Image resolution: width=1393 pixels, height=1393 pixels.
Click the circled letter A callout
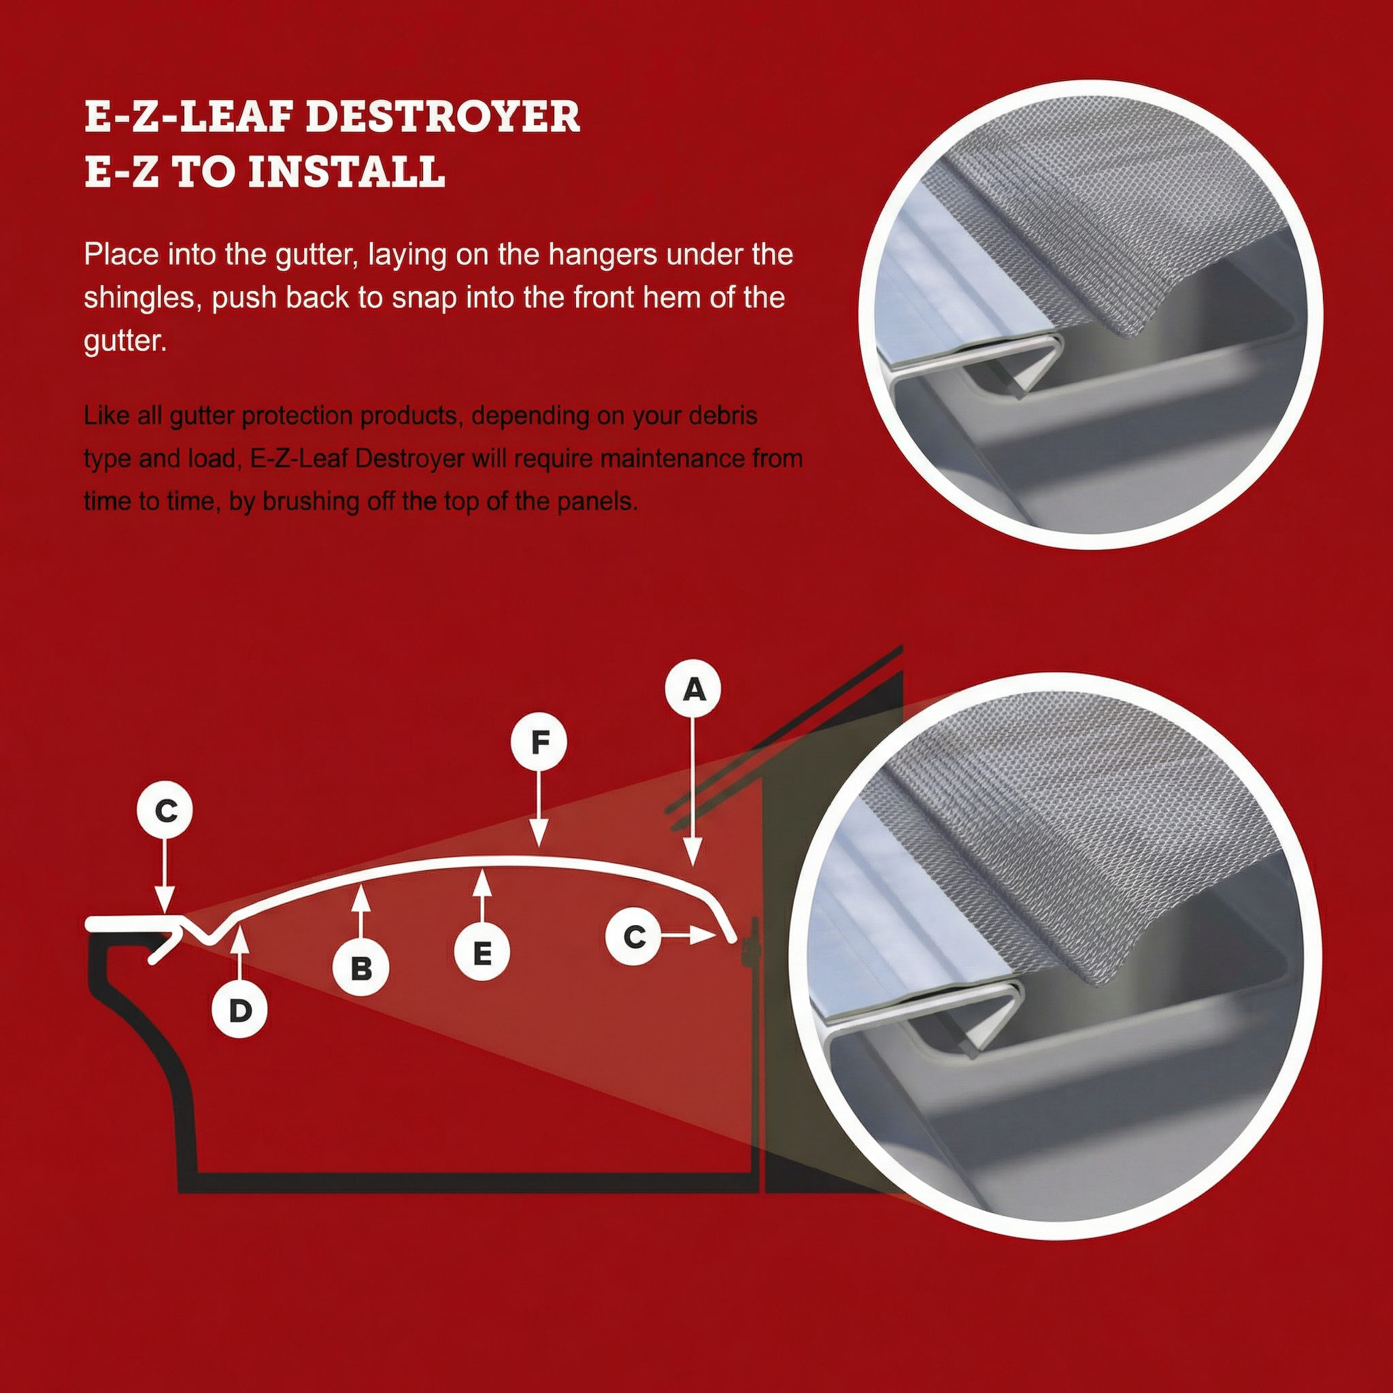pos(693,690)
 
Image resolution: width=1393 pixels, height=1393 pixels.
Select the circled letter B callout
pos(360,969)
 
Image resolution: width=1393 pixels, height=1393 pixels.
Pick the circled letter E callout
pos(482,953)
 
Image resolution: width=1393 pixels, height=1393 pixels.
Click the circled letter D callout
pos(239,1010)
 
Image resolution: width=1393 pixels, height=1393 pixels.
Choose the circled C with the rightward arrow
pos(634,937)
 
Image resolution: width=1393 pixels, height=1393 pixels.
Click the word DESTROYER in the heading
pos(443,118)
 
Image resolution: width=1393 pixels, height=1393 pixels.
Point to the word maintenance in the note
pos(674,458)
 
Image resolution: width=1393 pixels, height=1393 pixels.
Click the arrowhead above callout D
pos(240,935)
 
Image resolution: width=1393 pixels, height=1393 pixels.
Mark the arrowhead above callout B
pos(360,896)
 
